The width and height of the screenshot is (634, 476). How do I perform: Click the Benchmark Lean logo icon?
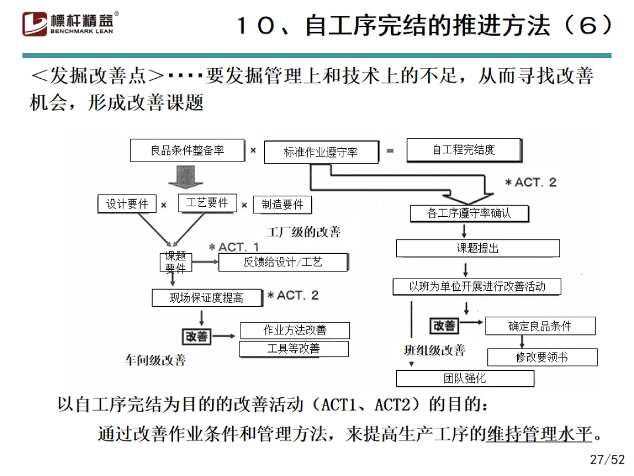(35, 24)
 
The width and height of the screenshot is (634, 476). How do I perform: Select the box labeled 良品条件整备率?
(187, 150)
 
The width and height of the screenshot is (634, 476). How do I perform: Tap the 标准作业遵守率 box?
(321, 152)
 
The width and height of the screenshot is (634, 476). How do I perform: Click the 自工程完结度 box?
(463, 150)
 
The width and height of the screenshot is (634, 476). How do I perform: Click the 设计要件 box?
(127, 204)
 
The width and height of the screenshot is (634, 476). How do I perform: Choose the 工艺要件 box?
(207, 203)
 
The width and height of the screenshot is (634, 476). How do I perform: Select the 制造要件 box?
(282, 205)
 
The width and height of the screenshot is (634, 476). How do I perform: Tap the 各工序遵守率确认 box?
(469, 213)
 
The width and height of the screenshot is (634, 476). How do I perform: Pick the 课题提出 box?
(477, 248)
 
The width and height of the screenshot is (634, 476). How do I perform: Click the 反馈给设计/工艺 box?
(283, 262)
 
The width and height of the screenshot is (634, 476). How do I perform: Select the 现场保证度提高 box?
(206, 298)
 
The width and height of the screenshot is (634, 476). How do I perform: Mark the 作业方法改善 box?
(295, 330)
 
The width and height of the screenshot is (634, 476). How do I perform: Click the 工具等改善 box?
(294, 349)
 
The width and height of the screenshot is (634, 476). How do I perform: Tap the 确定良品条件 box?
(539, 326)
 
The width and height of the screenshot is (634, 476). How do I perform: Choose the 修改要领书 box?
(541, 357)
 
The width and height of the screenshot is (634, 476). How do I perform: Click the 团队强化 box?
(465, 378)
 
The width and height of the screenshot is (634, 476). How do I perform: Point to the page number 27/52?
(607, 459)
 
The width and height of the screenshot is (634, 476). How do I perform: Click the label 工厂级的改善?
(303, 232)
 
